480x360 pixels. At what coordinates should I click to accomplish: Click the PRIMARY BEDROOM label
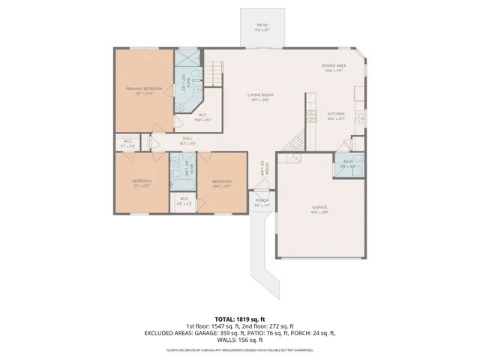pos(143,89)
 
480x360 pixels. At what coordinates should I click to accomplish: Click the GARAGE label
pos(320,208)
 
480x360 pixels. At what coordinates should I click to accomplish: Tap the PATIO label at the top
pos(262,25)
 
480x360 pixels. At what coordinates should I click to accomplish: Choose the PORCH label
pos(262,202)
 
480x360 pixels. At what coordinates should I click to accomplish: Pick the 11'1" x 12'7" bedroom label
pos(142,182)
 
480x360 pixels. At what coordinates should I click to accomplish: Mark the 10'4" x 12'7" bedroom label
pos(221,182)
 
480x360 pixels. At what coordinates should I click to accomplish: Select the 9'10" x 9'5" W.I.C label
pos(202,116)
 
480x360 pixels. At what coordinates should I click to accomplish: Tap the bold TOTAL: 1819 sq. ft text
pos(240,318)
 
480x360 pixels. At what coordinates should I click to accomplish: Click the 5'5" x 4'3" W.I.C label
pos(184,200)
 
